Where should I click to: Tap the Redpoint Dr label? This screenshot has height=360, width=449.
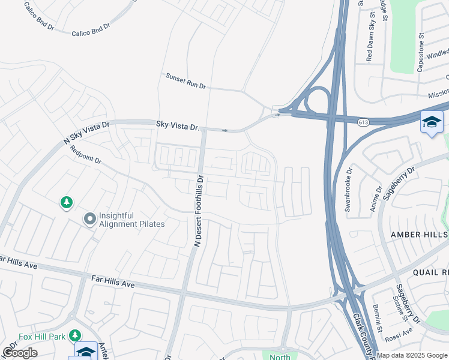pyautogui.click(x=85, y=155)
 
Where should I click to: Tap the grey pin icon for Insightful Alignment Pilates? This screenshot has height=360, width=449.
pyautogui.click(x=90, y=220)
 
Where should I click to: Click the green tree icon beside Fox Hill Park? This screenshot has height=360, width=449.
pyautogui.click(x=75, y=335)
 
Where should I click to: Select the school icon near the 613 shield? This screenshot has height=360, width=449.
pyautogui.click(x=432, y=122)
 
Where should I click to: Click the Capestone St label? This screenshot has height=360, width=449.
pyautogui.click(x=421, y=52)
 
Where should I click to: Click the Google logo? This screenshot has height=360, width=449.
pyautogui.click(x=20, y=353)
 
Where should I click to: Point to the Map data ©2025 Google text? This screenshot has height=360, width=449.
pyautogui.click(x=412, y=355)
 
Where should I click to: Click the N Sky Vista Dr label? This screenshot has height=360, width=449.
pyautogui.click(x=87, y=133)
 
